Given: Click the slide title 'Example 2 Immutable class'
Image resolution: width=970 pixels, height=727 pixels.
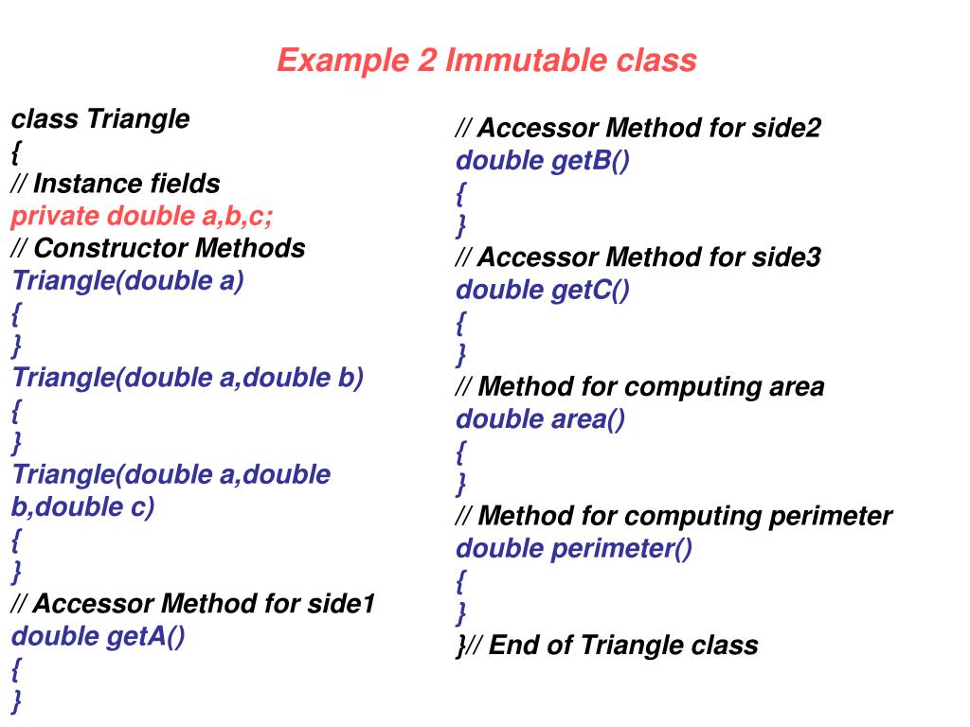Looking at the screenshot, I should coord(486,62).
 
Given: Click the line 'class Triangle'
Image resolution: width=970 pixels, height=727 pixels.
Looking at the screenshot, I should coord(100,120).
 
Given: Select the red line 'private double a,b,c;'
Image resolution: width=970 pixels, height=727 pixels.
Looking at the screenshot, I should coord(142,217).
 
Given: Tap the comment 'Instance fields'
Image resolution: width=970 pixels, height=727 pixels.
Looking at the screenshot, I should coord(126,184).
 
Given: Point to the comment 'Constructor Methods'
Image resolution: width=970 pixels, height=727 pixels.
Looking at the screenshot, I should coord(169,249).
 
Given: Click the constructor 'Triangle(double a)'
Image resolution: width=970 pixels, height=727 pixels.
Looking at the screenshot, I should coord(128,281).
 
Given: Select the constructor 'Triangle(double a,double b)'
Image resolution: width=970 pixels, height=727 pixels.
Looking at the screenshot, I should coord(188,378).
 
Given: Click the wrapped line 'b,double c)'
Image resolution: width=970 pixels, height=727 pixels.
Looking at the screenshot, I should coord(82,507).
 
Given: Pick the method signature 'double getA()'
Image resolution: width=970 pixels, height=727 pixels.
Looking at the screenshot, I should coord(98,636).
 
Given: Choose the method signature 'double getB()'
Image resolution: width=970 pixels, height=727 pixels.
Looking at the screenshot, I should coord(542,161).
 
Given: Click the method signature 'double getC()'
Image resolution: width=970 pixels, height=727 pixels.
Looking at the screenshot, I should coord(542,291).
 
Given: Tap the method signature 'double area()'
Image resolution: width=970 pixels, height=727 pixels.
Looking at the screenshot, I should coord(540,419).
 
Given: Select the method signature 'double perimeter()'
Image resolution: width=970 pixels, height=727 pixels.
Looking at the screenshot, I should coord(574,549).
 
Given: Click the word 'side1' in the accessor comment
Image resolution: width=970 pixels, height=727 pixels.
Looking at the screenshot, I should coord(341,604).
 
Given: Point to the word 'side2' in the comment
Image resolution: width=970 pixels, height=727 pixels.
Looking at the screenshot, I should coord(786,129).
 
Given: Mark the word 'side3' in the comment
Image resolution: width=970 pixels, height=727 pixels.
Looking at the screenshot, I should coord(786,257).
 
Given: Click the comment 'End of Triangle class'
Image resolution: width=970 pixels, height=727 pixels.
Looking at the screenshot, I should coord(623,646).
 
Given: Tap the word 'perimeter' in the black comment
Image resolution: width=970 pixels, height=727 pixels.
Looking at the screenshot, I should coord(830,517).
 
